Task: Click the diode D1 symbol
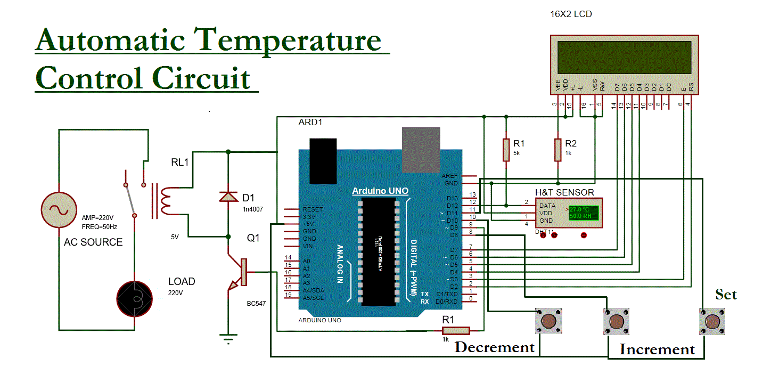click(228, 197)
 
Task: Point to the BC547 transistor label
click(256, 304)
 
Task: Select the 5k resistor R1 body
click(506, 150)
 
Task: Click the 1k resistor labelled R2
click(557, 150)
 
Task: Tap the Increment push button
click(616, 321)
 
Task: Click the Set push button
click(711, 321)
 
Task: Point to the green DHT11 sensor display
click(583, 213)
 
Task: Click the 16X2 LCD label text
click(571, 14)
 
